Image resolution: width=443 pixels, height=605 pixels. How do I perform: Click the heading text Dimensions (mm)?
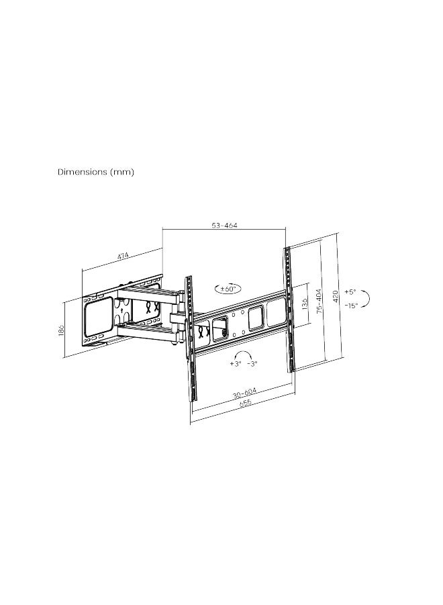(x=96, y=172)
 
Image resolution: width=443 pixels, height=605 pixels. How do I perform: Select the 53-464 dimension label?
(x=225, y=226)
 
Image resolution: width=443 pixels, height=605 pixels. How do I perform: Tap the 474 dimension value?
(x=123, y=256)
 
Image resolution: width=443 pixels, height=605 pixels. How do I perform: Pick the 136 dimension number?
(x=304, y=305)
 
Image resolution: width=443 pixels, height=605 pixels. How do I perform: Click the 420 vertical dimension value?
(x=335, y=295)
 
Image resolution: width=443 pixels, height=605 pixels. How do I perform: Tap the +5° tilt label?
(x=350, y=292)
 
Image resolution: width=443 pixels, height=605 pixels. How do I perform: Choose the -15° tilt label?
(x=351, y=305)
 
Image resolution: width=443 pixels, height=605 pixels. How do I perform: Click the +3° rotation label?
(x=235, y=363)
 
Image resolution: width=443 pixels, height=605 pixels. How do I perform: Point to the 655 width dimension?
(x=243, y=403)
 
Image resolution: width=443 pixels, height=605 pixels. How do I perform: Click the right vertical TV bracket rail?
(x=289, y=309)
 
